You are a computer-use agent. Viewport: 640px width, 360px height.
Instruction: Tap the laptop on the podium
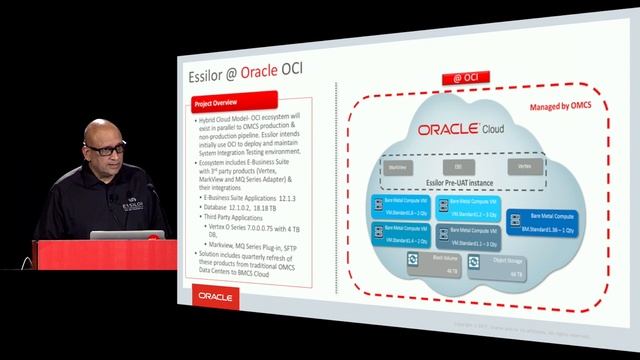(113, 237)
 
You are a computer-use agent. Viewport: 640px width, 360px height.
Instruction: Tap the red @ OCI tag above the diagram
(462, 77)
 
